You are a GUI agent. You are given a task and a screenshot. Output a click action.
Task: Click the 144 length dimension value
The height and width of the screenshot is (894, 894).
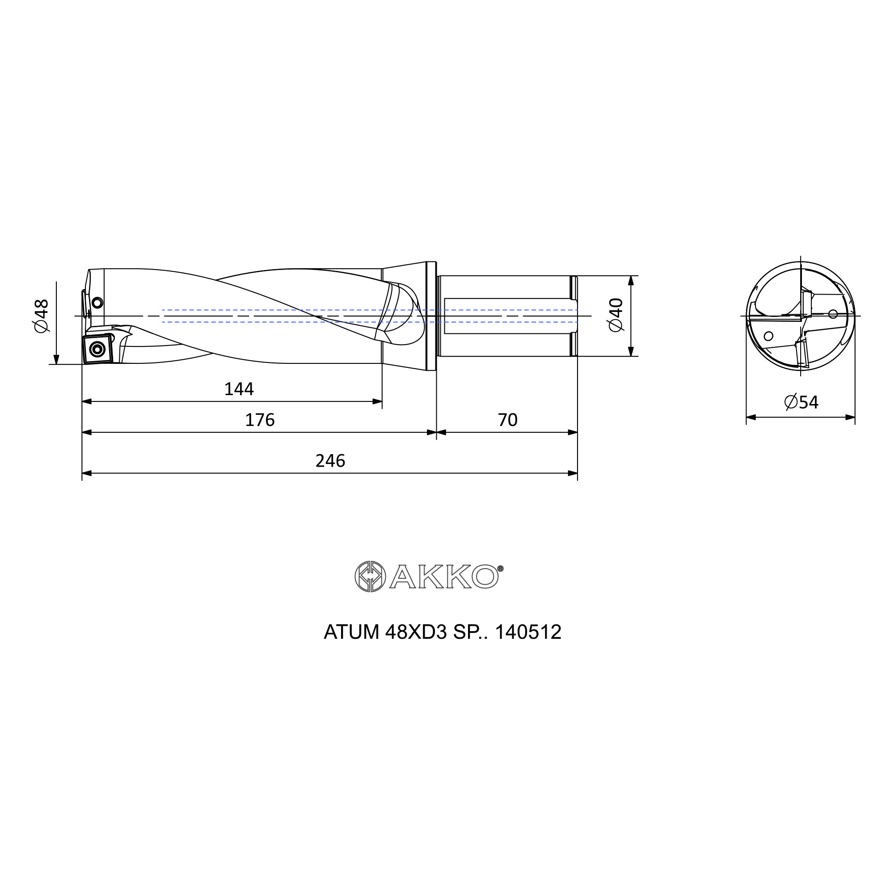(239, 389)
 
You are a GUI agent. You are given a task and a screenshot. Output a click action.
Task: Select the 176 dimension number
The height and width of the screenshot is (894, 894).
(260, 420)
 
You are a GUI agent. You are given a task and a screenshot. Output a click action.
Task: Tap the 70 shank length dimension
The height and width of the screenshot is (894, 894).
(507, 420)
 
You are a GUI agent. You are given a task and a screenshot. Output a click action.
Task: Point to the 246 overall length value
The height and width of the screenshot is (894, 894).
(330, 461)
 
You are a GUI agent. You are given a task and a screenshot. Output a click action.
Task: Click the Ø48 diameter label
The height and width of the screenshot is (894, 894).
(41, 316)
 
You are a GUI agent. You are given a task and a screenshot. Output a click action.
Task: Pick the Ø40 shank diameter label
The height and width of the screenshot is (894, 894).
(616, 315)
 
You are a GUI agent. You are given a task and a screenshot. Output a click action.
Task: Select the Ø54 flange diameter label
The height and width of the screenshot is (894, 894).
(801, 402)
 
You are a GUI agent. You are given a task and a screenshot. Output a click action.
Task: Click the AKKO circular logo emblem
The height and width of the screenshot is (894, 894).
(370, 577)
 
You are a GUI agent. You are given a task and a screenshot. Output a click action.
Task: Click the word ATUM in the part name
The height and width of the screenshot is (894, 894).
(351, 632)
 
